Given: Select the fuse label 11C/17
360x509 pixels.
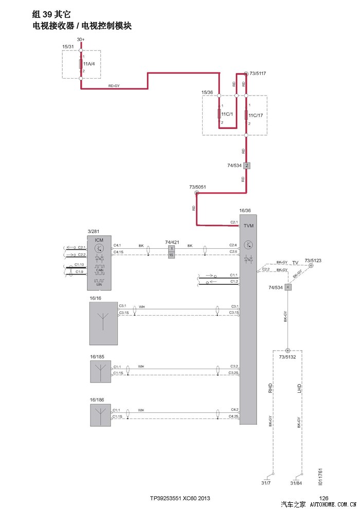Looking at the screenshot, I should point(256,115).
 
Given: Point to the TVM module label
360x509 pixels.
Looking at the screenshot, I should point(248,226).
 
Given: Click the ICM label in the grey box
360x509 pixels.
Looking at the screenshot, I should point(99,240).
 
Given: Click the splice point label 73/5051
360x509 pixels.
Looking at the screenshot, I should point(198,187).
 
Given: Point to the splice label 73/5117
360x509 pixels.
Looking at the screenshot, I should point(257,74).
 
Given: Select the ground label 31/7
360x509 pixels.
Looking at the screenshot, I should point(266,483).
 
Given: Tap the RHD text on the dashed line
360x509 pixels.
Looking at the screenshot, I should point(271,388).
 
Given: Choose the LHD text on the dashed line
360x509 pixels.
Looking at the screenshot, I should point(299,388).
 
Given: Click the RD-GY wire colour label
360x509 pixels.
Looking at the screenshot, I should point(114,85).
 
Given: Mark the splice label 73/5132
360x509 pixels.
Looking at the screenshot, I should point(289,356).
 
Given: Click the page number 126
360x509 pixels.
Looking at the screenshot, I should point(324,498).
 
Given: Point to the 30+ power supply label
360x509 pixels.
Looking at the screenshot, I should point(81,40).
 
